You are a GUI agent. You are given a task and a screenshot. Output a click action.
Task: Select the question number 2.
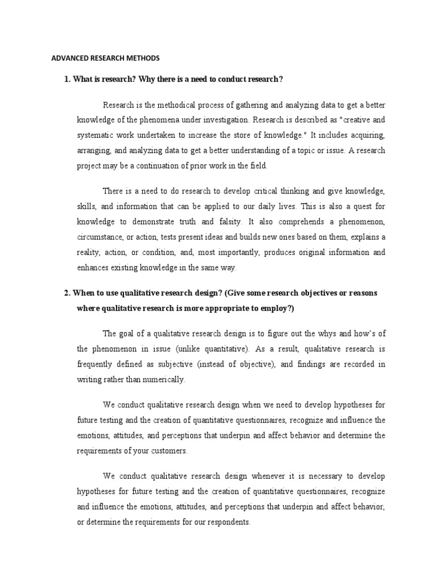tap(67, 293)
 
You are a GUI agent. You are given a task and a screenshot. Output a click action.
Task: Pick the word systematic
tap(98, 136)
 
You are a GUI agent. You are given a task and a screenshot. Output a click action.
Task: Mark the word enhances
tap(92, 267)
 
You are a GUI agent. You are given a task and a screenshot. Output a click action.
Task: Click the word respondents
tap(229, 522)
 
